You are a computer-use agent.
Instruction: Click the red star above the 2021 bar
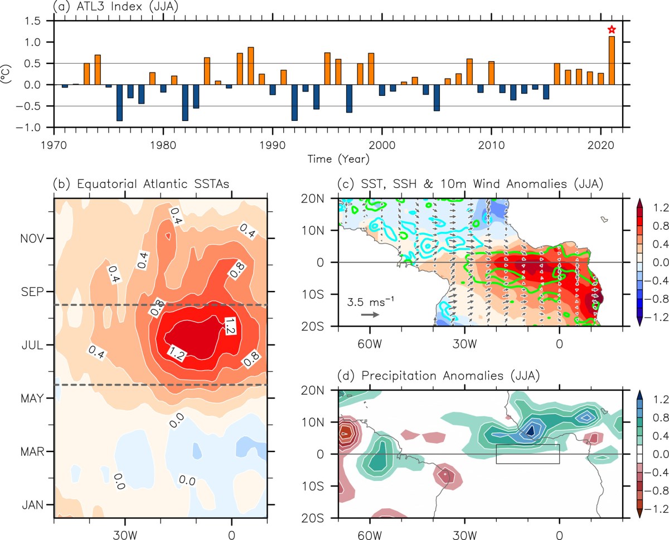[x=612, y=30]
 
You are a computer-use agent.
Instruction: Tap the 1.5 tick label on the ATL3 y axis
[x=37, y=21]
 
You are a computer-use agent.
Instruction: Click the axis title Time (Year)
[x=338, y=159]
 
